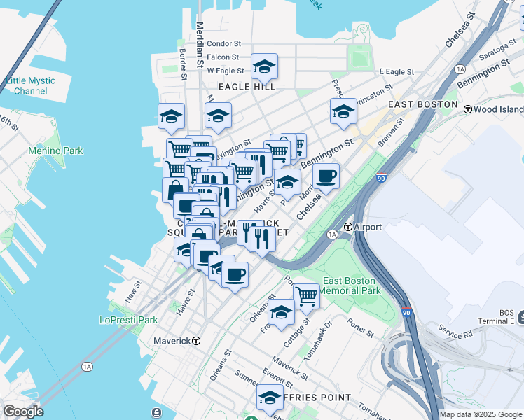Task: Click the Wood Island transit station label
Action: tap(499, 109)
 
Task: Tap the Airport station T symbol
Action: tap(349, 227)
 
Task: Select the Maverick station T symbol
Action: tap(196, 341)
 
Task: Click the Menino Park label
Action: tap(55, 150)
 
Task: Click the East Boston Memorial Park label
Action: tap(351, 286)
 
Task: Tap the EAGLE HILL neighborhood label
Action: tap(247, 87)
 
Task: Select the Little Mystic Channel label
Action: tap(30, 86)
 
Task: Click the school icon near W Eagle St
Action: tap(264, 67)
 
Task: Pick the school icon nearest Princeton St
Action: tap(343, 111)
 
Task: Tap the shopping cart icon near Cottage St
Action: tap(306, 297)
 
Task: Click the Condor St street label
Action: tap(224, 43)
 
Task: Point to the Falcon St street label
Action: tap(223, 57)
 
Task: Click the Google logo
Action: tap(23, 412)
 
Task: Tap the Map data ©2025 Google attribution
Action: tap(480, 414)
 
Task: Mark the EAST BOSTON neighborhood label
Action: tap(422, 104)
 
